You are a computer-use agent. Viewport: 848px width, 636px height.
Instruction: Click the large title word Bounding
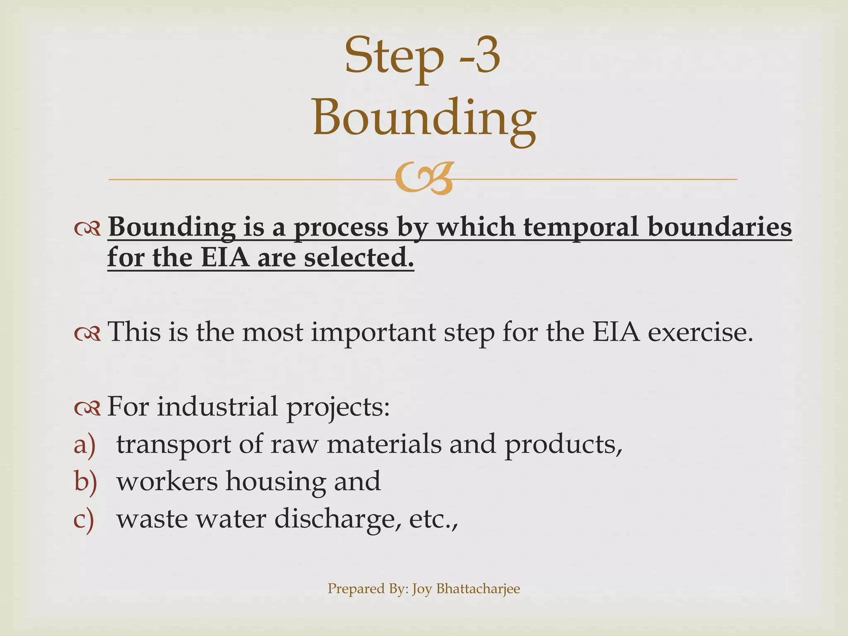tap(424, 118)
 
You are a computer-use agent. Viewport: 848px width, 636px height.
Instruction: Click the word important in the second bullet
tap(373, 333)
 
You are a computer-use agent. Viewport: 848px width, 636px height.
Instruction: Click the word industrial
tap(217, 407)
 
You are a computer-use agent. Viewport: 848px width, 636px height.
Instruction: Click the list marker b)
tap(85, 482)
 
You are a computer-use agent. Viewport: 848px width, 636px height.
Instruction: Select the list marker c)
tap(84, 519)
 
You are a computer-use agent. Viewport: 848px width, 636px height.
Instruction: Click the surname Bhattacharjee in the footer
tap(478, 588)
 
